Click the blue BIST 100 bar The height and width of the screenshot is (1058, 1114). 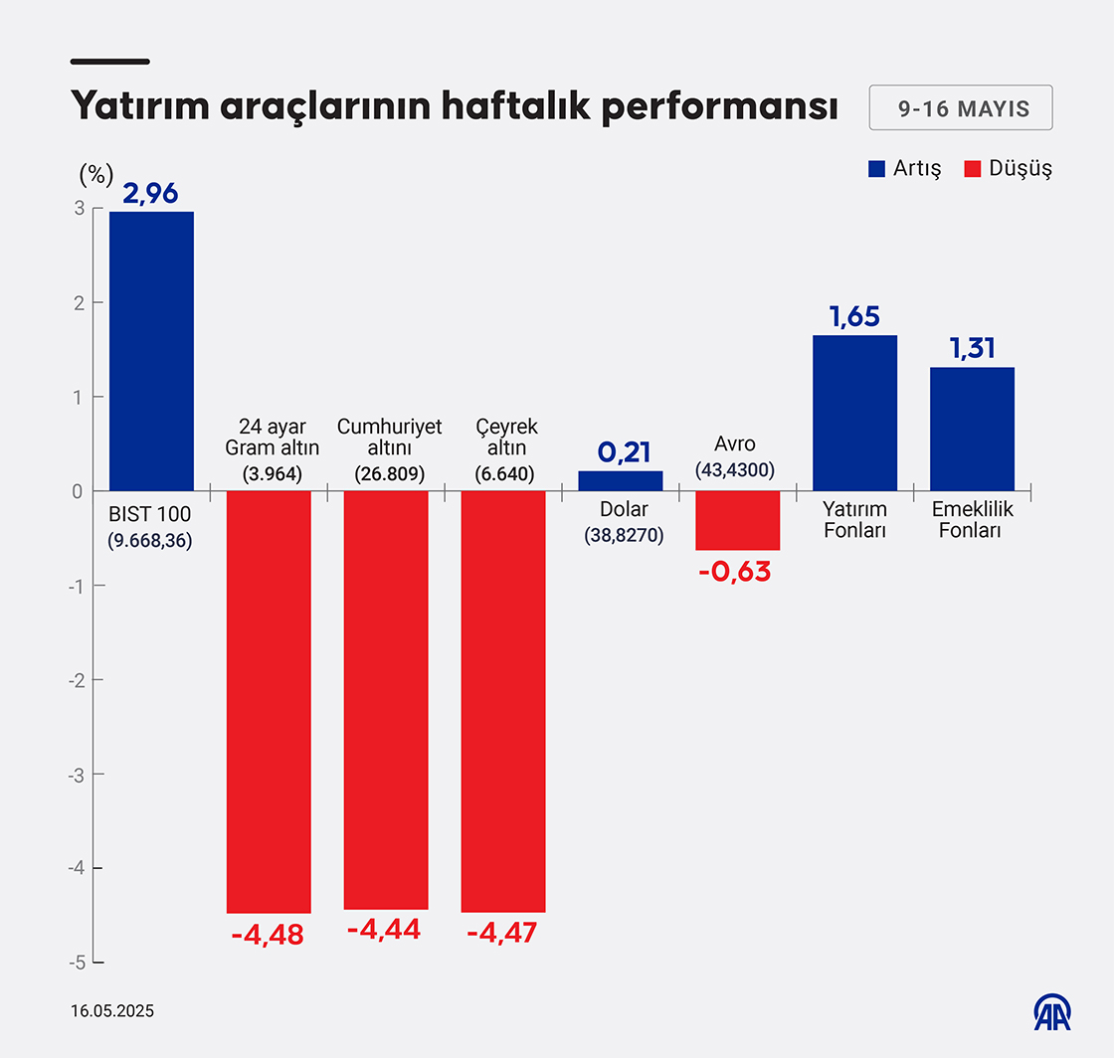(151, 351)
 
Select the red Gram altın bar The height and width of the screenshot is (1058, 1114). (269, 701)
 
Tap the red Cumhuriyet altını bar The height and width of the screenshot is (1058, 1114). (386, 699)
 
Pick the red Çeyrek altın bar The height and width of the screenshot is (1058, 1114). (503, 701)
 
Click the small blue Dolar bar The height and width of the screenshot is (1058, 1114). (621, 481)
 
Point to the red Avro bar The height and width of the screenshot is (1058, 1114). (737, 520)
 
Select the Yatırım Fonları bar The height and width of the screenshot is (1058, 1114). (854, 413)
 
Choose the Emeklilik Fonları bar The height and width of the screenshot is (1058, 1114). (972, 429)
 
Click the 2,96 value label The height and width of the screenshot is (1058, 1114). (150, 193)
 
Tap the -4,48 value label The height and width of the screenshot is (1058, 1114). (268, 936)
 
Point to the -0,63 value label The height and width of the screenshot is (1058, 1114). (737, 573)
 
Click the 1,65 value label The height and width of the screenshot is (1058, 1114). (854, 317)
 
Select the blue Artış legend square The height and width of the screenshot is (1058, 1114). (876, 168)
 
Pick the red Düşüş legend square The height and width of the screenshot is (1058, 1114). (973, 168)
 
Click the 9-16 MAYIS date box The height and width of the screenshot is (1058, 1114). (961, 108)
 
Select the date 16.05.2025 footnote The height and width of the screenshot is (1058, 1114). (112, 1011)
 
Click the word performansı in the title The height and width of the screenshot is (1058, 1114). (719, 107)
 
